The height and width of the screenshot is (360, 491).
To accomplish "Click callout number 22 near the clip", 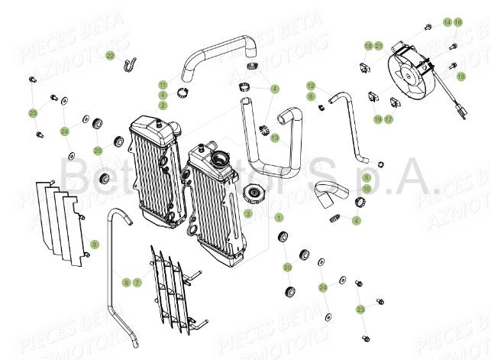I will click(x=111, y=55).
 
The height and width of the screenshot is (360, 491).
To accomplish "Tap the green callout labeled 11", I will click(x=163, y=84).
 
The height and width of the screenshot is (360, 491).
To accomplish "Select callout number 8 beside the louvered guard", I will click(x=94, y=244).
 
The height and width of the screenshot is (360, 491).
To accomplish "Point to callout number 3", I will click(x=248, y=213).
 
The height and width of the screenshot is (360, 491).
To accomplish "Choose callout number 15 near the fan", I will click(x=461, y=76).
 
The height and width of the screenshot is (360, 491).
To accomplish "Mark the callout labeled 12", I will click(x=311, y=86).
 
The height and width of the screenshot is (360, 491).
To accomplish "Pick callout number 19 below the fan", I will click(x=377, y=119).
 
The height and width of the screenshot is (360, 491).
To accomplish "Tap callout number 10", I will click(x=345, y=188).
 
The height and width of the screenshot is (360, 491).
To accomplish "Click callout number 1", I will click(x=279, y=218).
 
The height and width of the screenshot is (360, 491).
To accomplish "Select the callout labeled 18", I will click(x=368, y=46).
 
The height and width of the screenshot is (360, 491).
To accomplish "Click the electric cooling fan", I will click(x=413, y=76).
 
